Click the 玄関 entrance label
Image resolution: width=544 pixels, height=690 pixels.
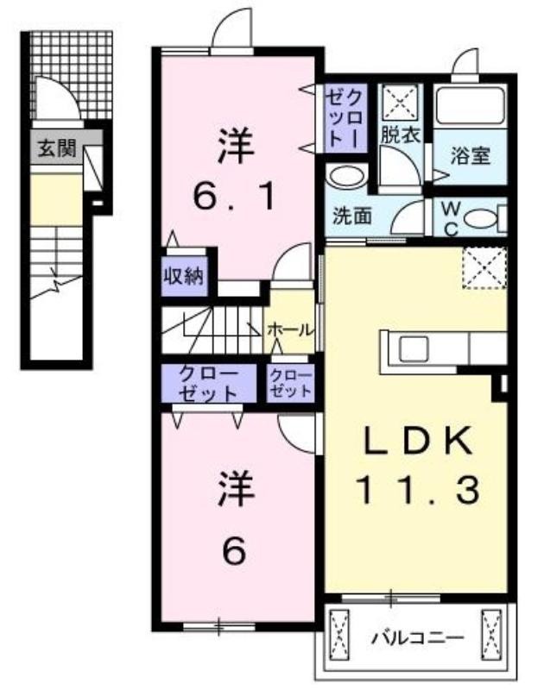tap(57, 148)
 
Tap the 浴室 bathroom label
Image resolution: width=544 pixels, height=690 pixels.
tap(470, 156)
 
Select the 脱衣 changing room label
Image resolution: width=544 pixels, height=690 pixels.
tap(401, 135)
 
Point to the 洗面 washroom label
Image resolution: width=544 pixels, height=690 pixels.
tap(352, 216)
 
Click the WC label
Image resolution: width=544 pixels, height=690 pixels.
tap(450, 219)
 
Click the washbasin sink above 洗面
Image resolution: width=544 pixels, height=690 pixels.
tap(346, 177)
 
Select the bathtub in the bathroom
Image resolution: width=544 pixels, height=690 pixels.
tap(470, 106)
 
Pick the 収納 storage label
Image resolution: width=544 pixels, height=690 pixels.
tap(184, 276)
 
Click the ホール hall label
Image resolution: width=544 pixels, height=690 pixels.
tap(290, 329)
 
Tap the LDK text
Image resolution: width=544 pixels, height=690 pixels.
tap(416, 440)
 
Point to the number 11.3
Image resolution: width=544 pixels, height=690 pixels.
tap(418, 491)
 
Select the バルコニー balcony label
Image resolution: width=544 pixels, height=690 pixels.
tap(417, 637)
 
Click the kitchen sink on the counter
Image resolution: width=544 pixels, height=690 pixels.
tap(413, 348)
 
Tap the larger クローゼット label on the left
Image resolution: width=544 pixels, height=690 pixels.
tap(209, 383)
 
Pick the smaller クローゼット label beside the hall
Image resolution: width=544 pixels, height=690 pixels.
tap(291, 383)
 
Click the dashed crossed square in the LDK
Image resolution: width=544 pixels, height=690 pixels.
tap(484, 268)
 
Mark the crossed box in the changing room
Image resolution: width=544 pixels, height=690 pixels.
tap(400, 102)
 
